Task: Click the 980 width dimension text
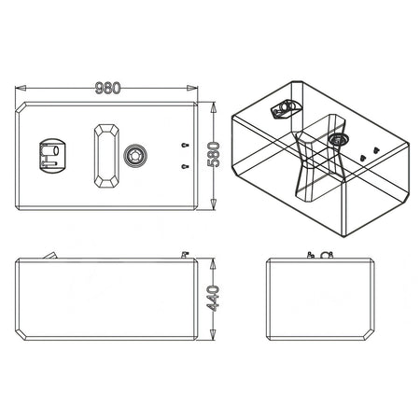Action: coord(107,88)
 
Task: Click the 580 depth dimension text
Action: coord(213,154)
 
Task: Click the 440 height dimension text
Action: coord(213,299)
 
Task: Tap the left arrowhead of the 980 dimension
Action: coord(21,88)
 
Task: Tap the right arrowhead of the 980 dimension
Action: coord(192,88)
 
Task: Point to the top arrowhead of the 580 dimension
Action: coord(213,107)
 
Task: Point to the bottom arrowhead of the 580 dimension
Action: coord(213,204)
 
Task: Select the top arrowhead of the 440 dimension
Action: coord(213,264)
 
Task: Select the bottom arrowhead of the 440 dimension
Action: coord(213,334)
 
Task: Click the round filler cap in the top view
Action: coord(135,156)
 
